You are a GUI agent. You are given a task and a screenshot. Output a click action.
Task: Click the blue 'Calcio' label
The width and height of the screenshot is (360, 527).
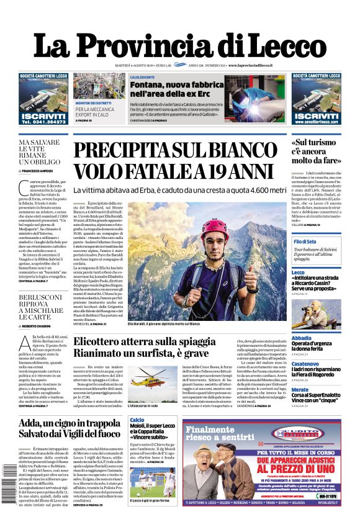(137, 420)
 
